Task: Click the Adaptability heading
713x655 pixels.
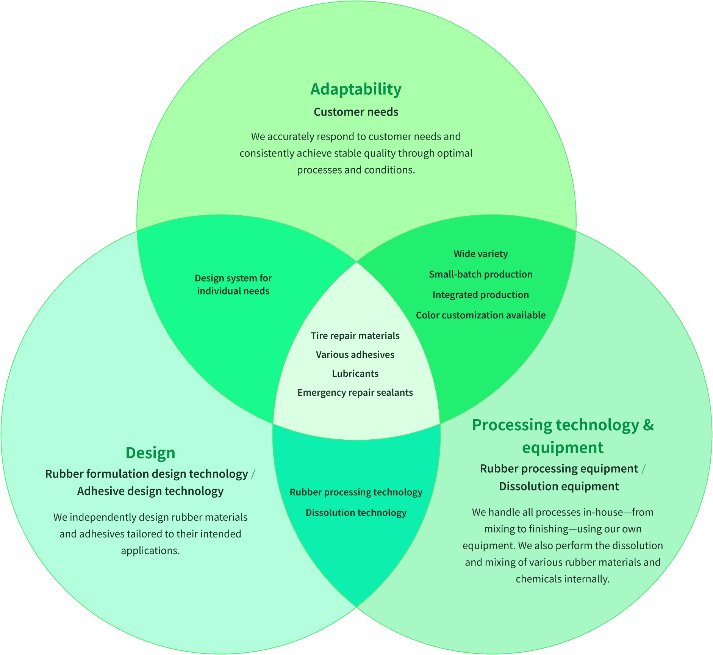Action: click(356, 89)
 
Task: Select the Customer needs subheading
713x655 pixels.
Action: click(356, 112)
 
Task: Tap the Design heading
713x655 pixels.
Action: click(150, 453)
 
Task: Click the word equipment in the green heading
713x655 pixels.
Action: click(563, 448)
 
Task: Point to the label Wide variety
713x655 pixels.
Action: click(480, 254)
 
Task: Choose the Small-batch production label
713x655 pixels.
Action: click(480, 274)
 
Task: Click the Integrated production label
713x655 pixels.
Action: click(480, 295)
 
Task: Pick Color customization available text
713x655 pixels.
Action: click(480, 315)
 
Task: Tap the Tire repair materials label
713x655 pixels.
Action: click(355, 336)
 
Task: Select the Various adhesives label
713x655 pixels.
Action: click(355, 355)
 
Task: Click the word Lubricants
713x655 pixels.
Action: click(355, 374)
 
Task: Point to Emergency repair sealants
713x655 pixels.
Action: click(355, 393)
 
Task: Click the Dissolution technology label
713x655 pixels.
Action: click(356, 513)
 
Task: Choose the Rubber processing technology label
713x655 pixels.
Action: click(356, 492)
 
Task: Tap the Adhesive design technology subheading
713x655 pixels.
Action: click(150, 491)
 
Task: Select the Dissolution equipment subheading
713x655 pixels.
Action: click(559, 486)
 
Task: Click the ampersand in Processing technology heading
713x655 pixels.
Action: click(648, 425)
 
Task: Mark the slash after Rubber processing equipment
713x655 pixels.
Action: click(643, 469)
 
